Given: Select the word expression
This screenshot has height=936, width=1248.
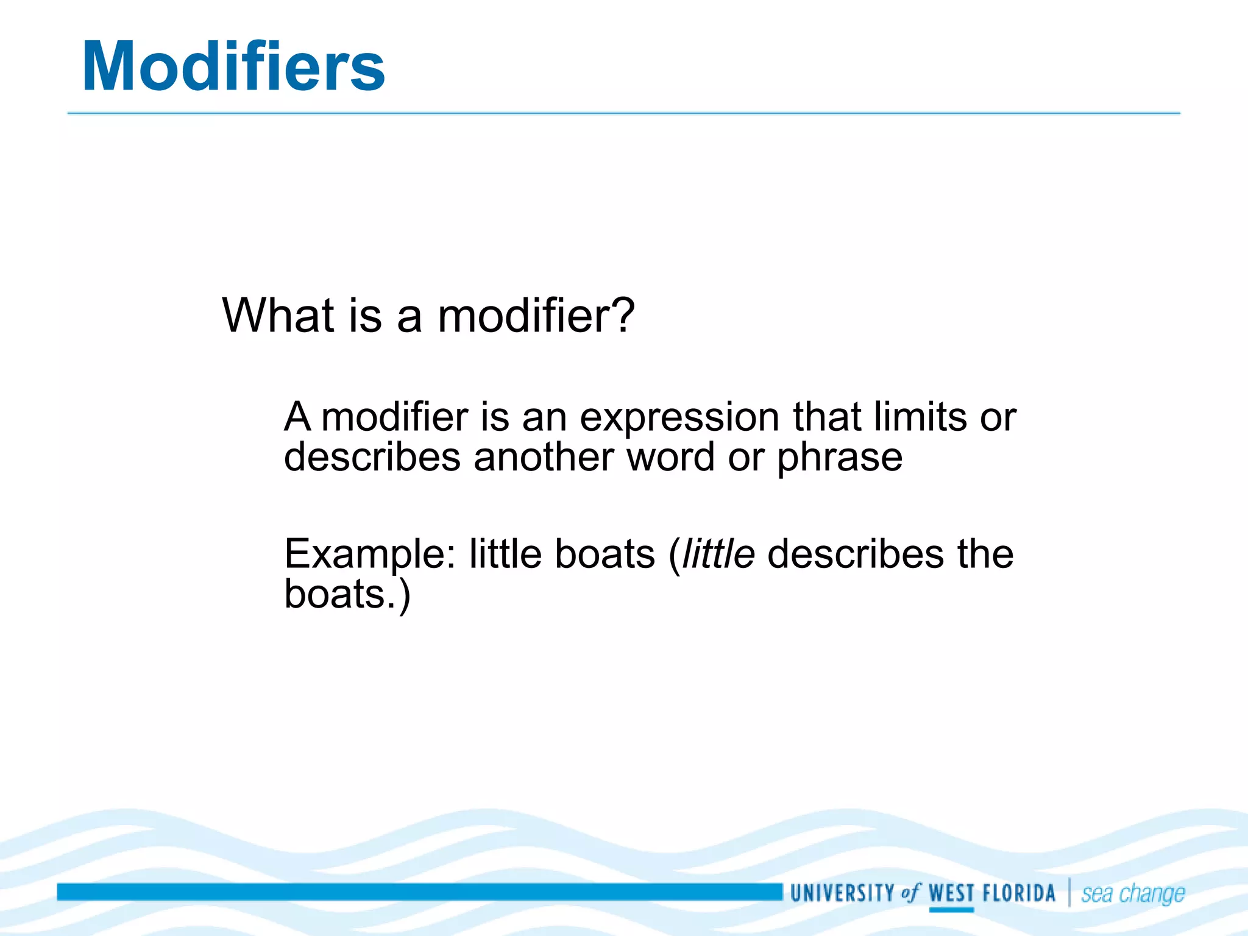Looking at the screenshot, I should click(x=679, y=418).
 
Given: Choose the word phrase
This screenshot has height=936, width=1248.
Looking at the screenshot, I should click(x=839, y=458).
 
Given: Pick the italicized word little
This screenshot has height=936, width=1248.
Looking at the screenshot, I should click(x=718, y=554).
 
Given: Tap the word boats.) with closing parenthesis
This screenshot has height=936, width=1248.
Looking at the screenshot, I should click(x=347, y=594).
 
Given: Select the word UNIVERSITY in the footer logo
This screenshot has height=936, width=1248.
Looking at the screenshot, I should click(x=842, y=893).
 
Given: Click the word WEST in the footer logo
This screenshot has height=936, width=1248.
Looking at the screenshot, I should click(x=951, y=893).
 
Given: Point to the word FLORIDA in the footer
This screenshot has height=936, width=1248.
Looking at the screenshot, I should click(x=1019, y=893).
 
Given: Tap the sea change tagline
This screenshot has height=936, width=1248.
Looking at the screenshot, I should click(x=1133, y=894).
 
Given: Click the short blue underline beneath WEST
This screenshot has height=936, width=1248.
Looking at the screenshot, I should click(x=951, y=910).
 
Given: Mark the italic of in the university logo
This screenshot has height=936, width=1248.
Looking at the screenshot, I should click(x=910, y=893).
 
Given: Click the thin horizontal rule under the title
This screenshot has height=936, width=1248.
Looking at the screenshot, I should click(x=623, y=113).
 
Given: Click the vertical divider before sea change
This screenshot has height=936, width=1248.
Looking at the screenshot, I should click(x=1069, y=893).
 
